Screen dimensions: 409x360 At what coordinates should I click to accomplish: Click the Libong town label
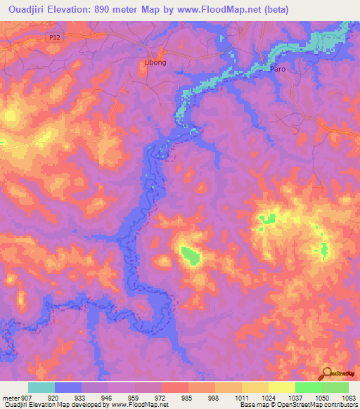pos(155,63)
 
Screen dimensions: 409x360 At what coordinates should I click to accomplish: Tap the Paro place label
pos(278,69)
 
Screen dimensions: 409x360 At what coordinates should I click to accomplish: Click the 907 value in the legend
pos(28,397)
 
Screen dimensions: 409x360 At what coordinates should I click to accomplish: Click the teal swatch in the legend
pos(41,387)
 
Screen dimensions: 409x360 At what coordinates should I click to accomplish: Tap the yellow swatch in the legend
pos(282,387)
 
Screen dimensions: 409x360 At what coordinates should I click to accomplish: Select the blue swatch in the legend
pos(68,387)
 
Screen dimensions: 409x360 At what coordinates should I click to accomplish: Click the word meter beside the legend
pos(11,397)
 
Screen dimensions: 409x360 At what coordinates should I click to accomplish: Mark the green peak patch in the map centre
pos(189,255)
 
